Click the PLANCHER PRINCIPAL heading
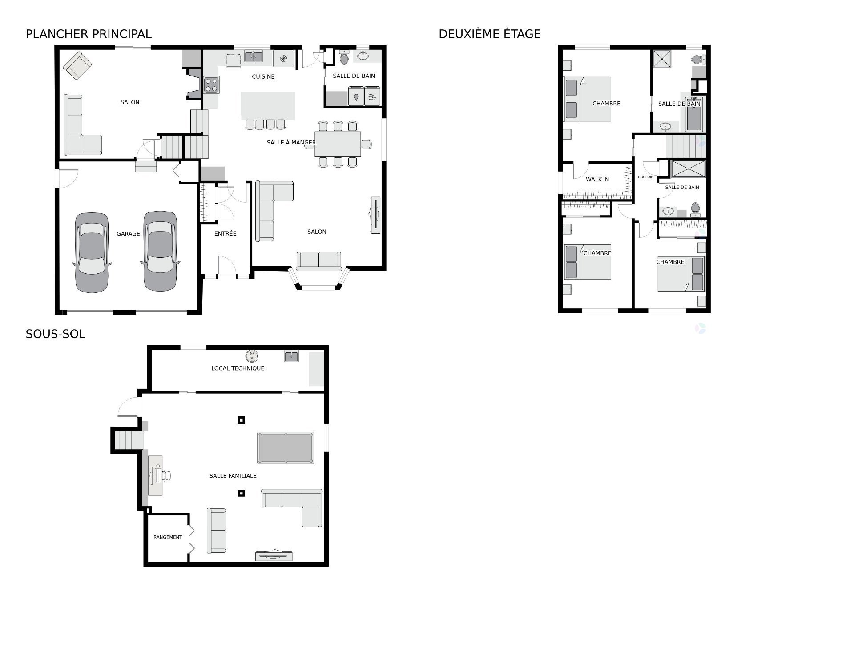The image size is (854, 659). [x=89, y=34]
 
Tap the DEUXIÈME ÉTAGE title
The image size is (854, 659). [x=489, y=34]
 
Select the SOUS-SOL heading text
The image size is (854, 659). [x=55, y=334]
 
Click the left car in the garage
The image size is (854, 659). [x=92, y=252]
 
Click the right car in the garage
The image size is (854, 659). [x=160, y=251]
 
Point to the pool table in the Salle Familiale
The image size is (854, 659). [x=285, y=448]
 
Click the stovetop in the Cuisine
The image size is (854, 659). [x=212, y=85]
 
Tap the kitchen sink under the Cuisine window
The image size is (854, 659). [x=253, y=56]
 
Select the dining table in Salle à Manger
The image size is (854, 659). [x=338, y=144]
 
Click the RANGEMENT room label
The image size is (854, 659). [x=168, y=537]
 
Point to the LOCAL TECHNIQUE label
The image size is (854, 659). [x=238, y=368]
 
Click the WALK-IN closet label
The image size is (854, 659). [x=597, y=180]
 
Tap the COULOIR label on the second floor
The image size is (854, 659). [x=645, y=177]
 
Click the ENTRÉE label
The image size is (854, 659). [x=225, y=233]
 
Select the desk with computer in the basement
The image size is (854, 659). [x=156, y=475]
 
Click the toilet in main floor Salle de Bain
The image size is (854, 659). [x=344, y=58]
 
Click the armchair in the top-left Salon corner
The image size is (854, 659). [x=77, y=65]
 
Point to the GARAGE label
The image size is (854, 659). [x=128, y=234]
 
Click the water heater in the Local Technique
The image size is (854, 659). [x=252, y=356]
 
